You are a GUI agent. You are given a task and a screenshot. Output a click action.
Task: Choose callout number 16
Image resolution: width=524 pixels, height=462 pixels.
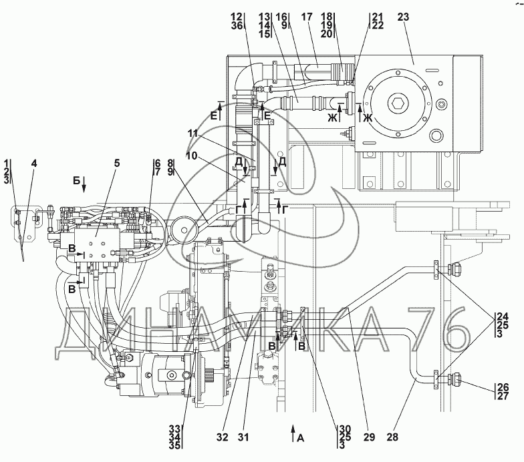click(x=281, y=17)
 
